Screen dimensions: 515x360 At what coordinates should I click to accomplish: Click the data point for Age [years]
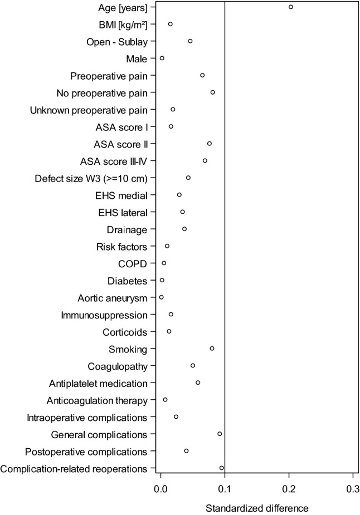pos(291,7)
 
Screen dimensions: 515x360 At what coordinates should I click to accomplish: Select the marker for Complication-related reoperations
pos(222,468)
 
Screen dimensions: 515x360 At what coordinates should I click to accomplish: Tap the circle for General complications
pos(220,434)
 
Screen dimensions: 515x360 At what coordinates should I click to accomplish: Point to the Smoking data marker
pos(212,349)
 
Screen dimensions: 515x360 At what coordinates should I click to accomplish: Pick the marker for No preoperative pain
pos(212,92)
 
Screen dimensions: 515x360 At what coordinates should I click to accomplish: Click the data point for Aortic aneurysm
pos(162,297)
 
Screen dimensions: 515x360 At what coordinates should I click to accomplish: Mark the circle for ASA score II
pos(210,144)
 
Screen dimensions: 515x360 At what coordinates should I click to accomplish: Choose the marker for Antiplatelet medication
pos(198,382)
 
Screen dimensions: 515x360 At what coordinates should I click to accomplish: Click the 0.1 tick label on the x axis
pos(225,491)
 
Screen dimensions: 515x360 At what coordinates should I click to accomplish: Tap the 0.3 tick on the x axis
pos(353,491)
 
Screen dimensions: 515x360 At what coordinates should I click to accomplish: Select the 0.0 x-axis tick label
pos(160,491)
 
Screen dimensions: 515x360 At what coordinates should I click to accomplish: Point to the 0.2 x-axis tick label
pos(289,491)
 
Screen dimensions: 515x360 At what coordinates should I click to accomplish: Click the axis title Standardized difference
pos(257,508)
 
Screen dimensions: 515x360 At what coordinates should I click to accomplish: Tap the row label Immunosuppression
pos(104,315)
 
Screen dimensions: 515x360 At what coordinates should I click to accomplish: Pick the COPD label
pos(133,263)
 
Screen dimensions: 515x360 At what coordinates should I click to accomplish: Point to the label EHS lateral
pos(124,212)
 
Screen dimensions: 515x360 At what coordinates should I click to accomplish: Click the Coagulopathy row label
pos(118,366)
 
